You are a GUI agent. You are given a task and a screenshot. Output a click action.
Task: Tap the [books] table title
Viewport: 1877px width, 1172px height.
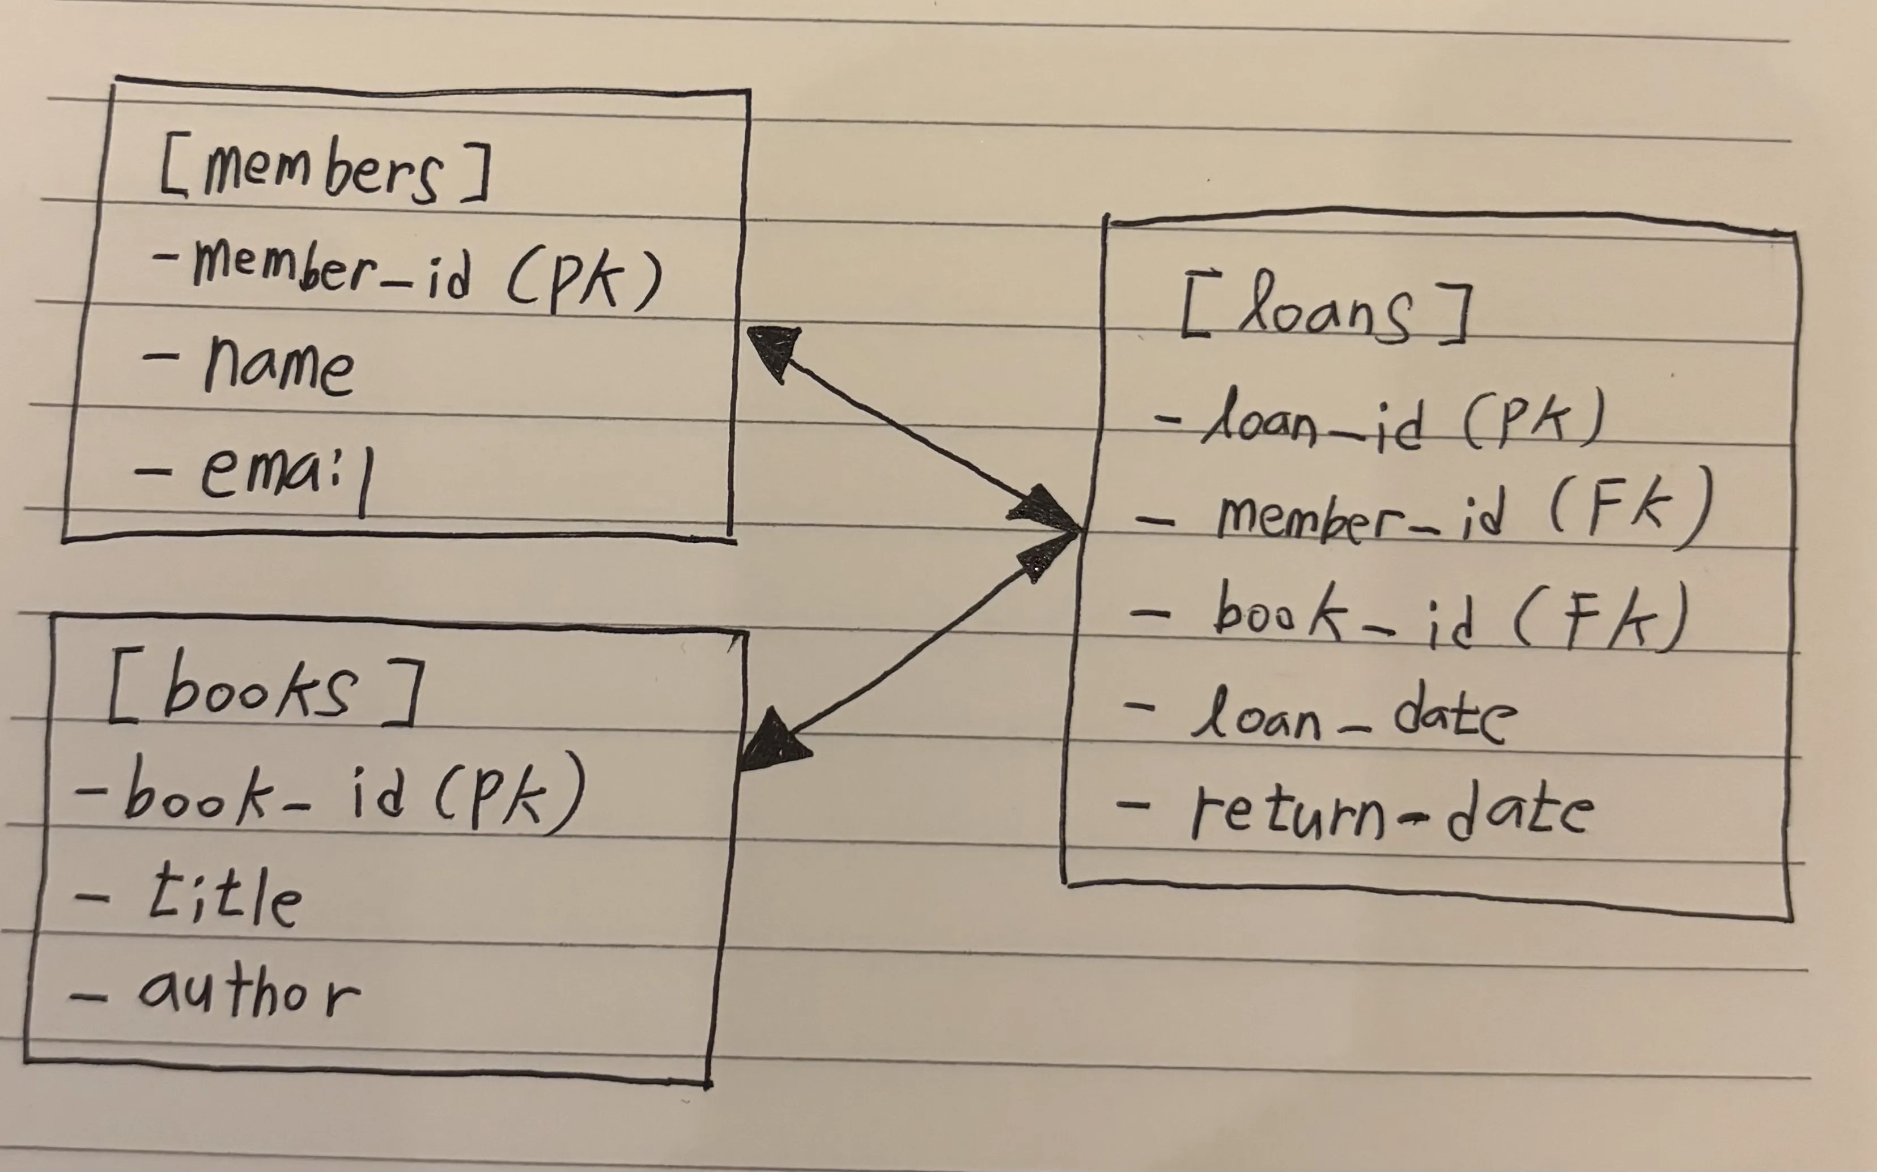pyautogui.click(x=264, y=690)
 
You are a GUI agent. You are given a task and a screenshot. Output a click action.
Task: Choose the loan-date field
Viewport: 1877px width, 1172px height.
pyautogui.click(x=1353, y=717)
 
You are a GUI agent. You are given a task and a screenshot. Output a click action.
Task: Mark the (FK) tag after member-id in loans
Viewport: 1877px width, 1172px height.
pyautogui.click(x=1628, y=512)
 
